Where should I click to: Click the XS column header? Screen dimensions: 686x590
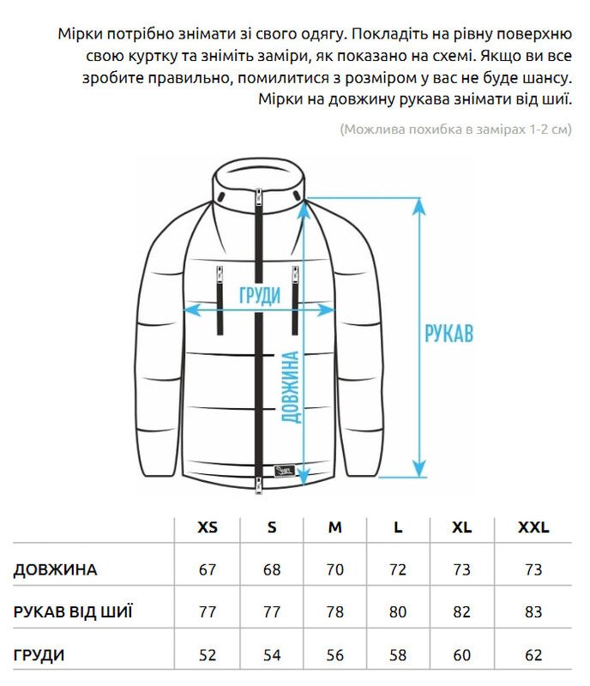[x=208, y=527]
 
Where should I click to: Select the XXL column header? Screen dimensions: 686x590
[x=533, y=527]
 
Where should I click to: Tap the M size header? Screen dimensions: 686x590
[x=334, y=527]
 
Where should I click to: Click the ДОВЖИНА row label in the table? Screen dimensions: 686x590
[x=56, y=570]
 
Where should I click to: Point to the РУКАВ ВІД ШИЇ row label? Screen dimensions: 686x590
[x=74, y=612]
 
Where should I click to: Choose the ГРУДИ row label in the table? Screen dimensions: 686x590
[x=39, y=656]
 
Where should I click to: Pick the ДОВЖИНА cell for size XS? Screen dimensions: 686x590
[x=208, y=570]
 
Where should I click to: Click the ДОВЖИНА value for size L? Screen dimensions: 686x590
[x=398, y=570]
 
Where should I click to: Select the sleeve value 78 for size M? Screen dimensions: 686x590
[x=334, y=612]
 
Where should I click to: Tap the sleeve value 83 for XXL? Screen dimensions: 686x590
[x=533, y=612]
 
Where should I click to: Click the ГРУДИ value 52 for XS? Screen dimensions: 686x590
[x=208, y=656]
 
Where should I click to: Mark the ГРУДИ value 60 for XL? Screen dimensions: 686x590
[x=461, y=656]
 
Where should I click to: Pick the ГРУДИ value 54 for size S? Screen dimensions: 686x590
[x=272, y=656]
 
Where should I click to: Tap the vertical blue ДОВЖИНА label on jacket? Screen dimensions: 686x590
[x=291, y=388]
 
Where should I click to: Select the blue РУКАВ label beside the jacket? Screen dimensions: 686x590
[x=449, y=333]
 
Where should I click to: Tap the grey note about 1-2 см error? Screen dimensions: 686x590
[x=455, y=129]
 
